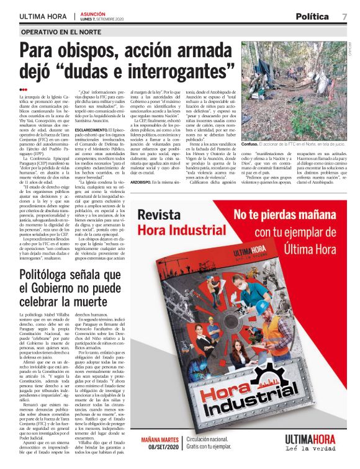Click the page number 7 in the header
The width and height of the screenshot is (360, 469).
[344, 16]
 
